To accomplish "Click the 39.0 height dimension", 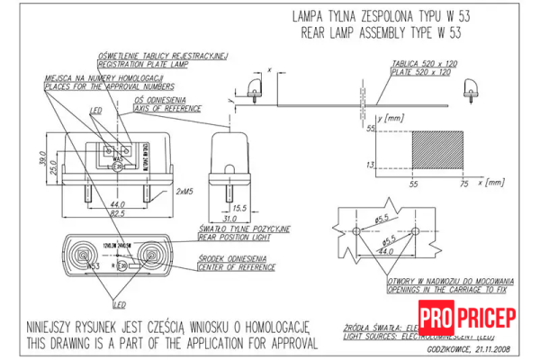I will coord(42,159).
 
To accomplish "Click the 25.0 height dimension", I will coord(54,168).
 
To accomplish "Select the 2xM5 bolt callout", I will coord(187,191).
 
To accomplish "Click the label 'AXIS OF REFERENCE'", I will coord(168,107).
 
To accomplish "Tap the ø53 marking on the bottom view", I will coord(92,267).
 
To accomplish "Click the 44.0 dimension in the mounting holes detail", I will coord(387,253).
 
